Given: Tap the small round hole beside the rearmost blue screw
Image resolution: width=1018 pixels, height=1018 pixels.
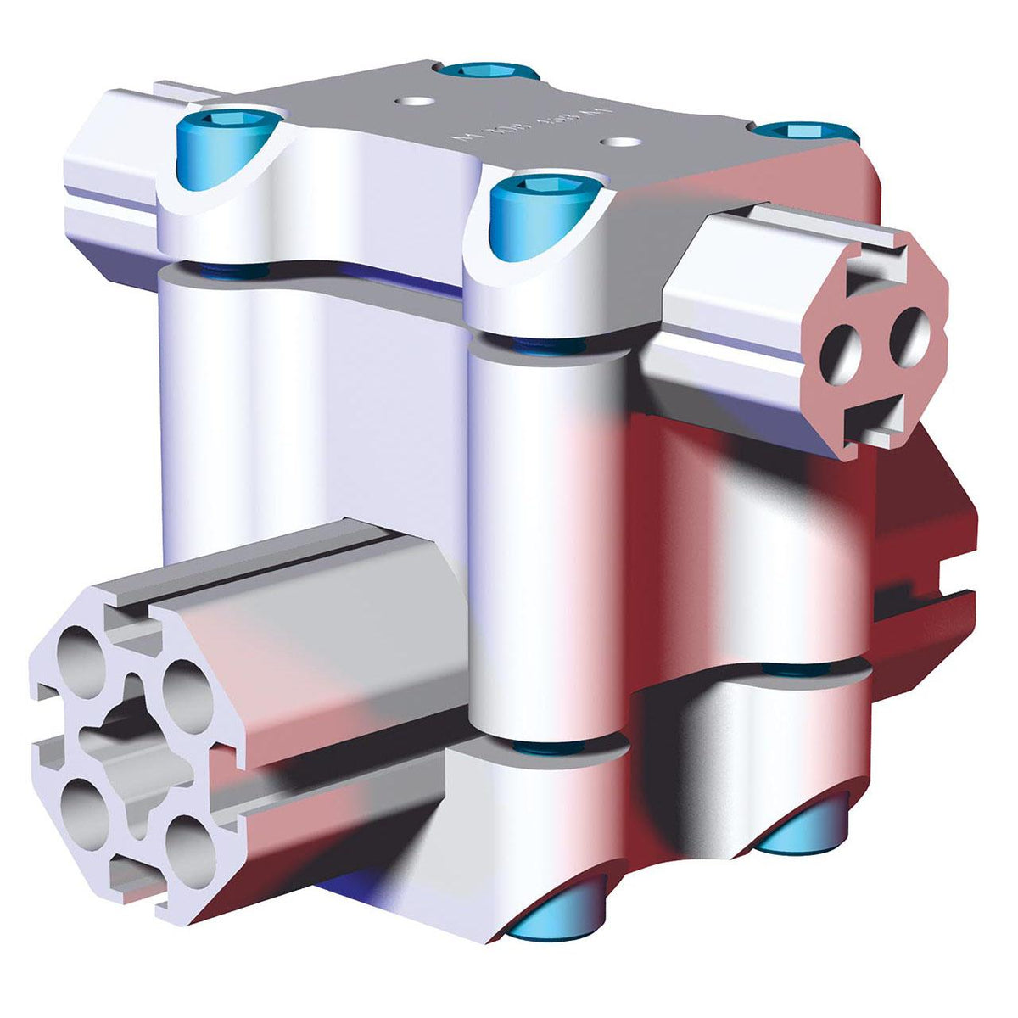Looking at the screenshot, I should click(413, 100).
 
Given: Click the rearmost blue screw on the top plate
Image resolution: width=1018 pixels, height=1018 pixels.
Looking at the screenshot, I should click(483, 70).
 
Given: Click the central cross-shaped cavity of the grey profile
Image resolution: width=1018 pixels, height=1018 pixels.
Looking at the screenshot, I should click(136, 747).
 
